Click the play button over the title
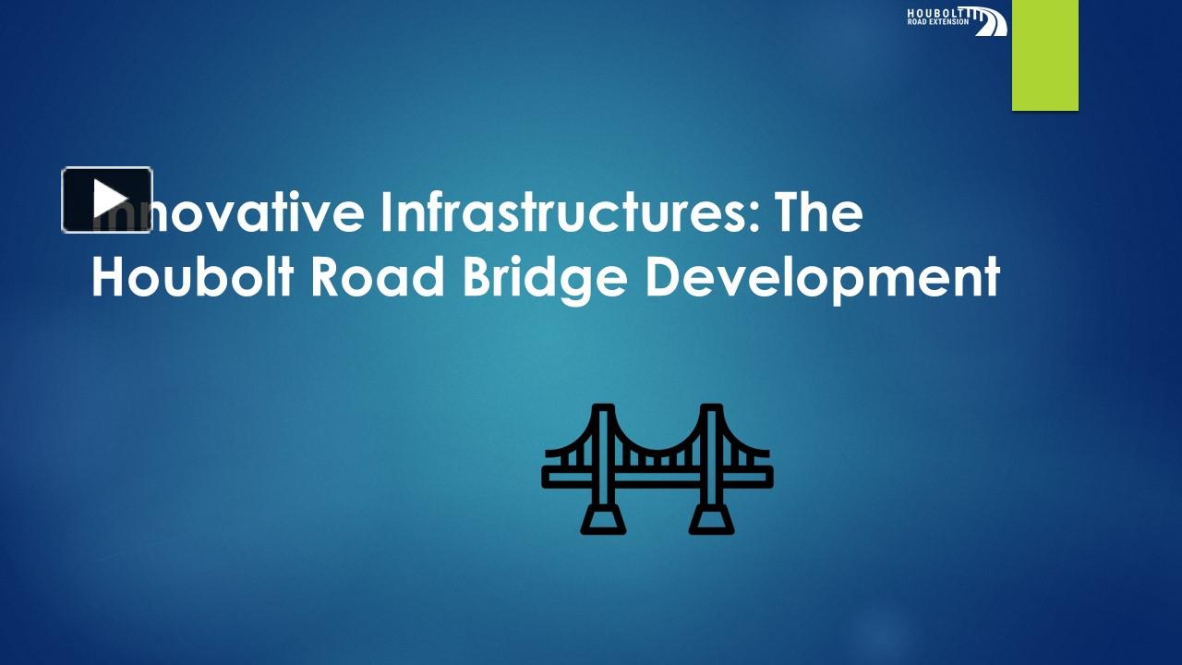(x=107, y=199)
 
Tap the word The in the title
(x=818, y=212)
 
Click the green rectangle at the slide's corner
(x=1044, y=55)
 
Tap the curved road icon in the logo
(x=989, y=21)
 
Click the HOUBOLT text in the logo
(x=936, y=12)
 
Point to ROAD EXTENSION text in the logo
(x=938, y=22)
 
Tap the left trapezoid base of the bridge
(x=603, y=520)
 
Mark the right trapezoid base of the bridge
(x=712, y=520)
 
